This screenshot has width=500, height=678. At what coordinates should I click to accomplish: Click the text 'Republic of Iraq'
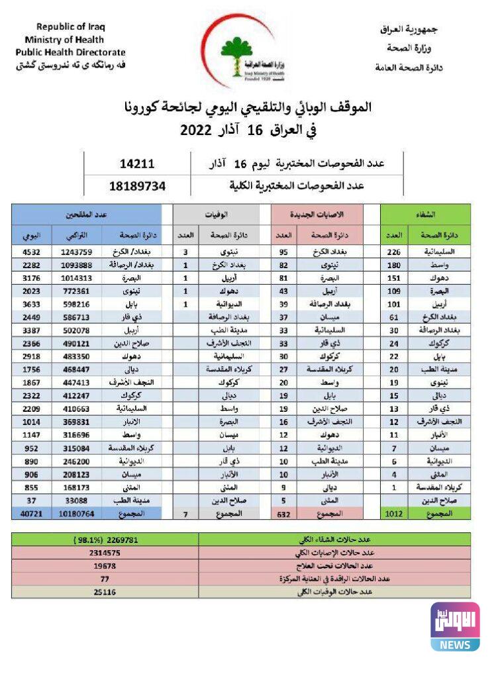(70, 27)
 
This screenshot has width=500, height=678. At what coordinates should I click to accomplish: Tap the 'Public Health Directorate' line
(70, 52)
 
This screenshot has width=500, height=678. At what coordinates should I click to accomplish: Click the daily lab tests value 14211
(137, 164)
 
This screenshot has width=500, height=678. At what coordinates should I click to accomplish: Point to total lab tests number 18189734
(137, 186)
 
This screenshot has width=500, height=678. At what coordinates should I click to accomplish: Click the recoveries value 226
(394, 252)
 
